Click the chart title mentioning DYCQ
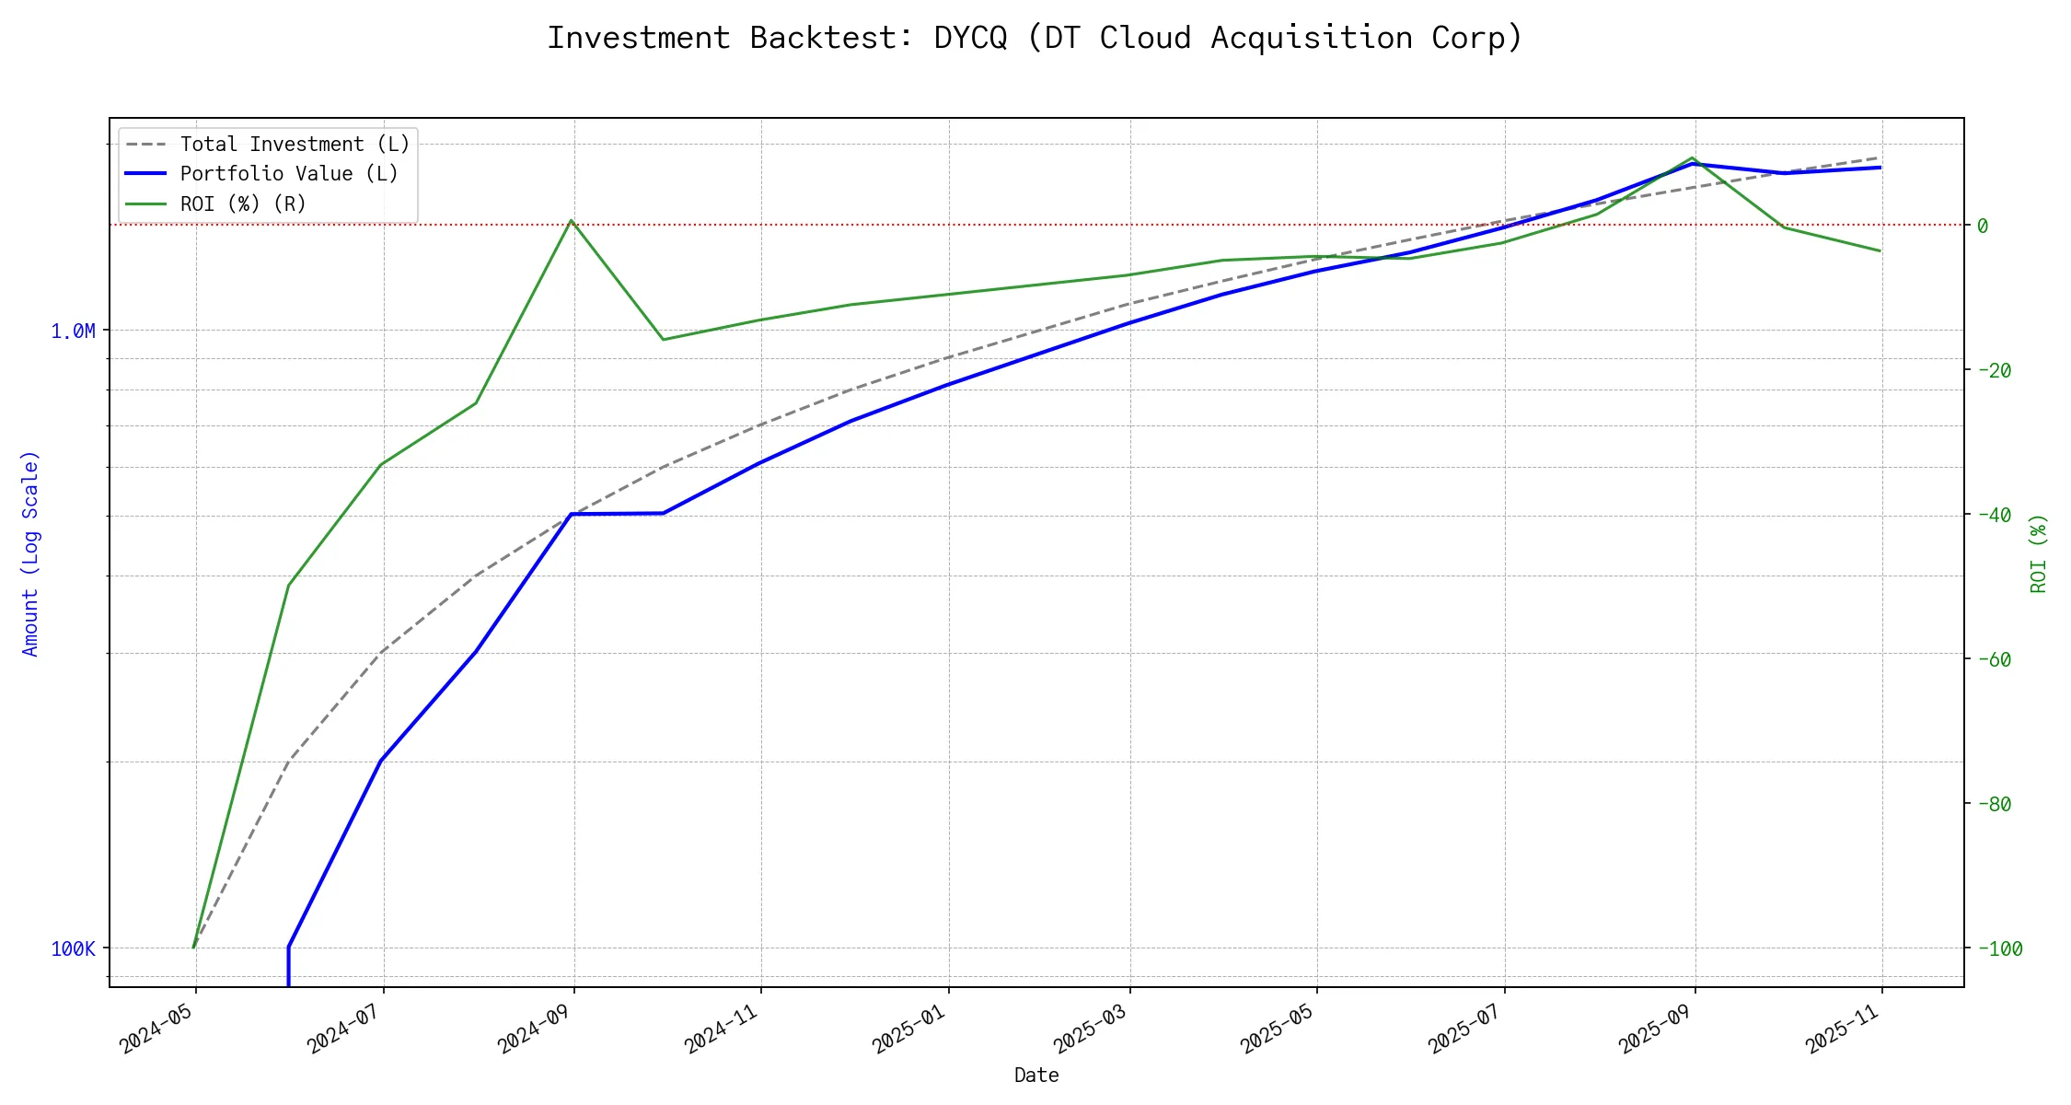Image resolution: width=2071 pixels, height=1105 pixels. [x=1035, y=38]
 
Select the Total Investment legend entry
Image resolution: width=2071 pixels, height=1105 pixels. [x=295, y=145]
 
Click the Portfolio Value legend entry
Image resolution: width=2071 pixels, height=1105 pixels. [x=289, y=174]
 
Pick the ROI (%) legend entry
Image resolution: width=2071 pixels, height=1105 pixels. [x=243, y=204]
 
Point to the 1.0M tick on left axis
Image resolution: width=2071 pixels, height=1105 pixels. [x=73, y=331]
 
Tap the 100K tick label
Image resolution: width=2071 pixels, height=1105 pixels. [x=73, y=948]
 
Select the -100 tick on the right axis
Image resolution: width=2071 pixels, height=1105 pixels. [x=1999, y=948]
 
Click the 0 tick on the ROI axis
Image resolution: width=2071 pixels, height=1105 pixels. [x=1983, y=226]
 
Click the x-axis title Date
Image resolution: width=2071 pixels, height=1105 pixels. [x=1036, y=1076]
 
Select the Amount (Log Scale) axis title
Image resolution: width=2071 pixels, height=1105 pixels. [x=30, y=552]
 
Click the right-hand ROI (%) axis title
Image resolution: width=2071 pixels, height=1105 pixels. [x=2039, y=552]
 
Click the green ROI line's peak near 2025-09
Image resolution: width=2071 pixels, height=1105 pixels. [x=1693, y=157]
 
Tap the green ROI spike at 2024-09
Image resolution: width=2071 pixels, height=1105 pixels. [x=572, y=220]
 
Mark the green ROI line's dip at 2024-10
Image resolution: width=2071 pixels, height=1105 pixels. [x=663, y=340]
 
